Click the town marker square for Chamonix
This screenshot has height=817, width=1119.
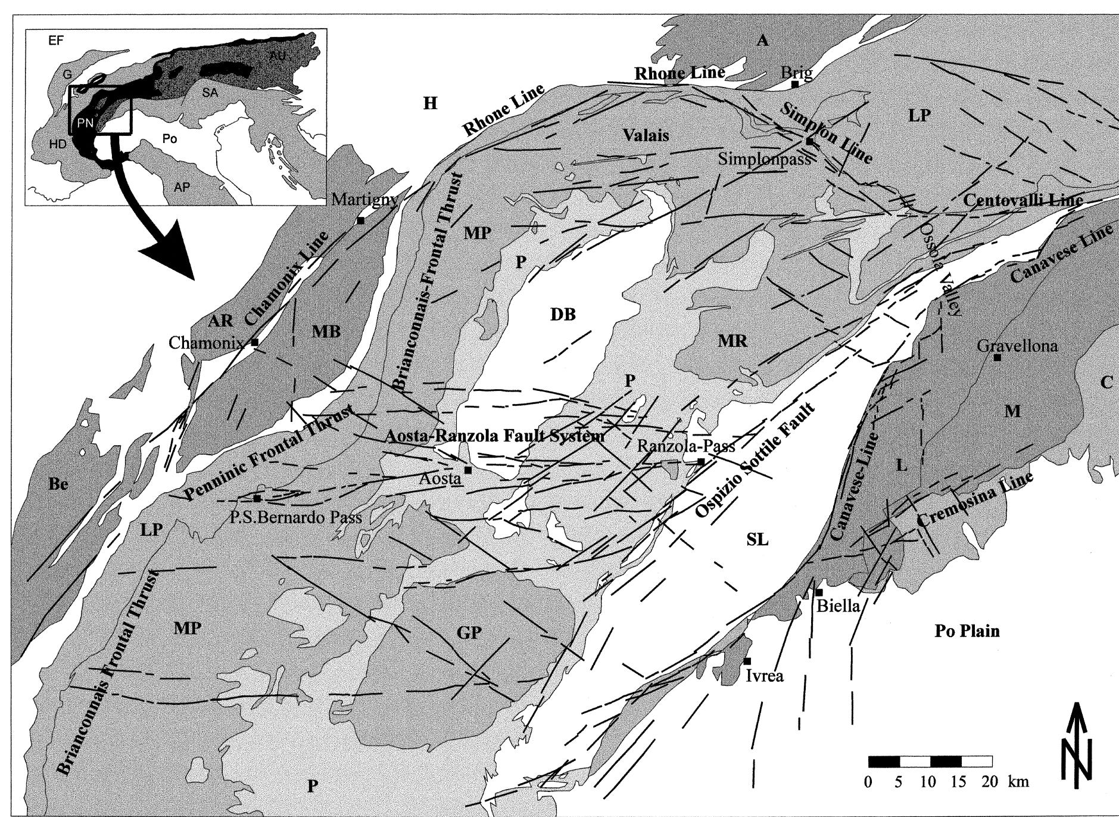point(255,343)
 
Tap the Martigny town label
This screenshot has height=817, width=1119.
point(364,199)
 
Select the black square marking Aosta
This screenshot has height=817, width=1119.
point(468,470)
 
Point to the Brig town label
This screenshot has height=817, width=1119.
point(796,73)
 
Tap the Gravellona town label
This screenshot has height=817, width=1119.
point(1018,345)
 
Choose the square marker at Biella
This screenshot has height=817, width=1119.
point(819,592)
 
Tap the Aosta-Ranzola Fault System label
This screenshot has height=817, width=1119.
point(495,436)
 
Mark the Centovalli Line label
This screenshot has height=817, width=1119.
point(1023,200)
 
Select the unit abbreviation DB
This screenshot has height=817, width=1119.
point(563,314)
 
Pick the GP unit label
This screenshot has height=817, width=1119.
point(469,632)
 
